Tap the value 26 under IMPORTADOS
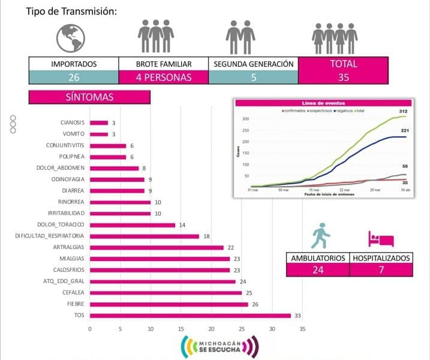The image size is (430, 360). tap(74, 77)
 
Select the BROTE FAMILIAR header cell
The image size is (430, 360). tap(163, 64)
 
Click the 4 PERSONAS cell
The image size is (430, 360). tap(163, 77)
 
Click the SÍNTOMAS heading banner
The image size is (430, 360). tap(89, 97)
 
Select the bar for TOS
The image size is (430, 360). tap(190, 316)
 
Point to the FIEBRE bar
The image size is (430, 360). tap(169, 304)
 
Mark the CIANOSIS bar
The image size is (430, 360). tap(99, 122)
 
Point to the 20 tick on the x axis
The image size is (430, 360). tap(211, 329)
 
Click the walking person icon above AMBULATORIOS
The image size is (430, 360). tap(320, 236)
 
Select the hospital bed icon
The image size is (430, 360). tap(380, 238)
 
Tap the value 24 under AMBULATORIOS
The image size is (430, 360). tap(317, 270)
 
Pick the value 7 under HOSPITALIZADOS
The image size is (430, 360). tap(381, 270)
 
